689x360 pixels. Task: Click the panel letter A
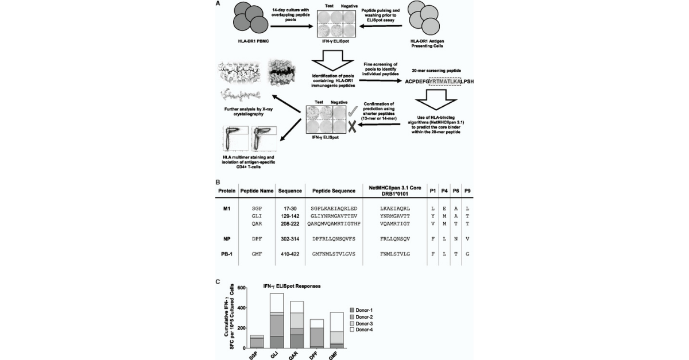click(217, 4)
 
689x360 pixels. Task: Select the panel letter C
click(217, 282)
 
